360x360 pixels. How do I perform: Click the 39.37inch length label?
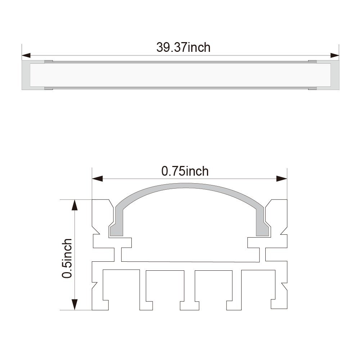pos(183,47)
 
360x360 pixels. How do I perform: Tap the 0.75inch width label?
pos(185,171)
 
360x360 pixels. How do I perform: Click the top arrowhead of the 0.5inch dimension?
pos(75,205)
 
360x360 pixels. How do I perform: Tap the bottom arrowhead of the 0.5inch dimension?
pos(75,305)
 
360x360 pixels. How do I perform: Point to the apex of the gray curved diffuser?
pos(190,185)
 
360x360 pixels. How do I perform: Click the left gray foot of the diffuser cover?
pos(117,230)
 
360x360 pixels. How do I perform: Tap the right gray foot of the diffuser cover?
pos(263,230)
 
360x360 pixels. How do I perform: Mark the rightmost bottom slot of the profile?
pos(256,288)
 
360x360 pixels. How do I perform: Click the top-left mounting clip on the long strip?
pos(49,61)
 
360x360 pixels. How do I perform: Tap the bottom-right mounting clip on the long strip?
pos(312,88)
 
